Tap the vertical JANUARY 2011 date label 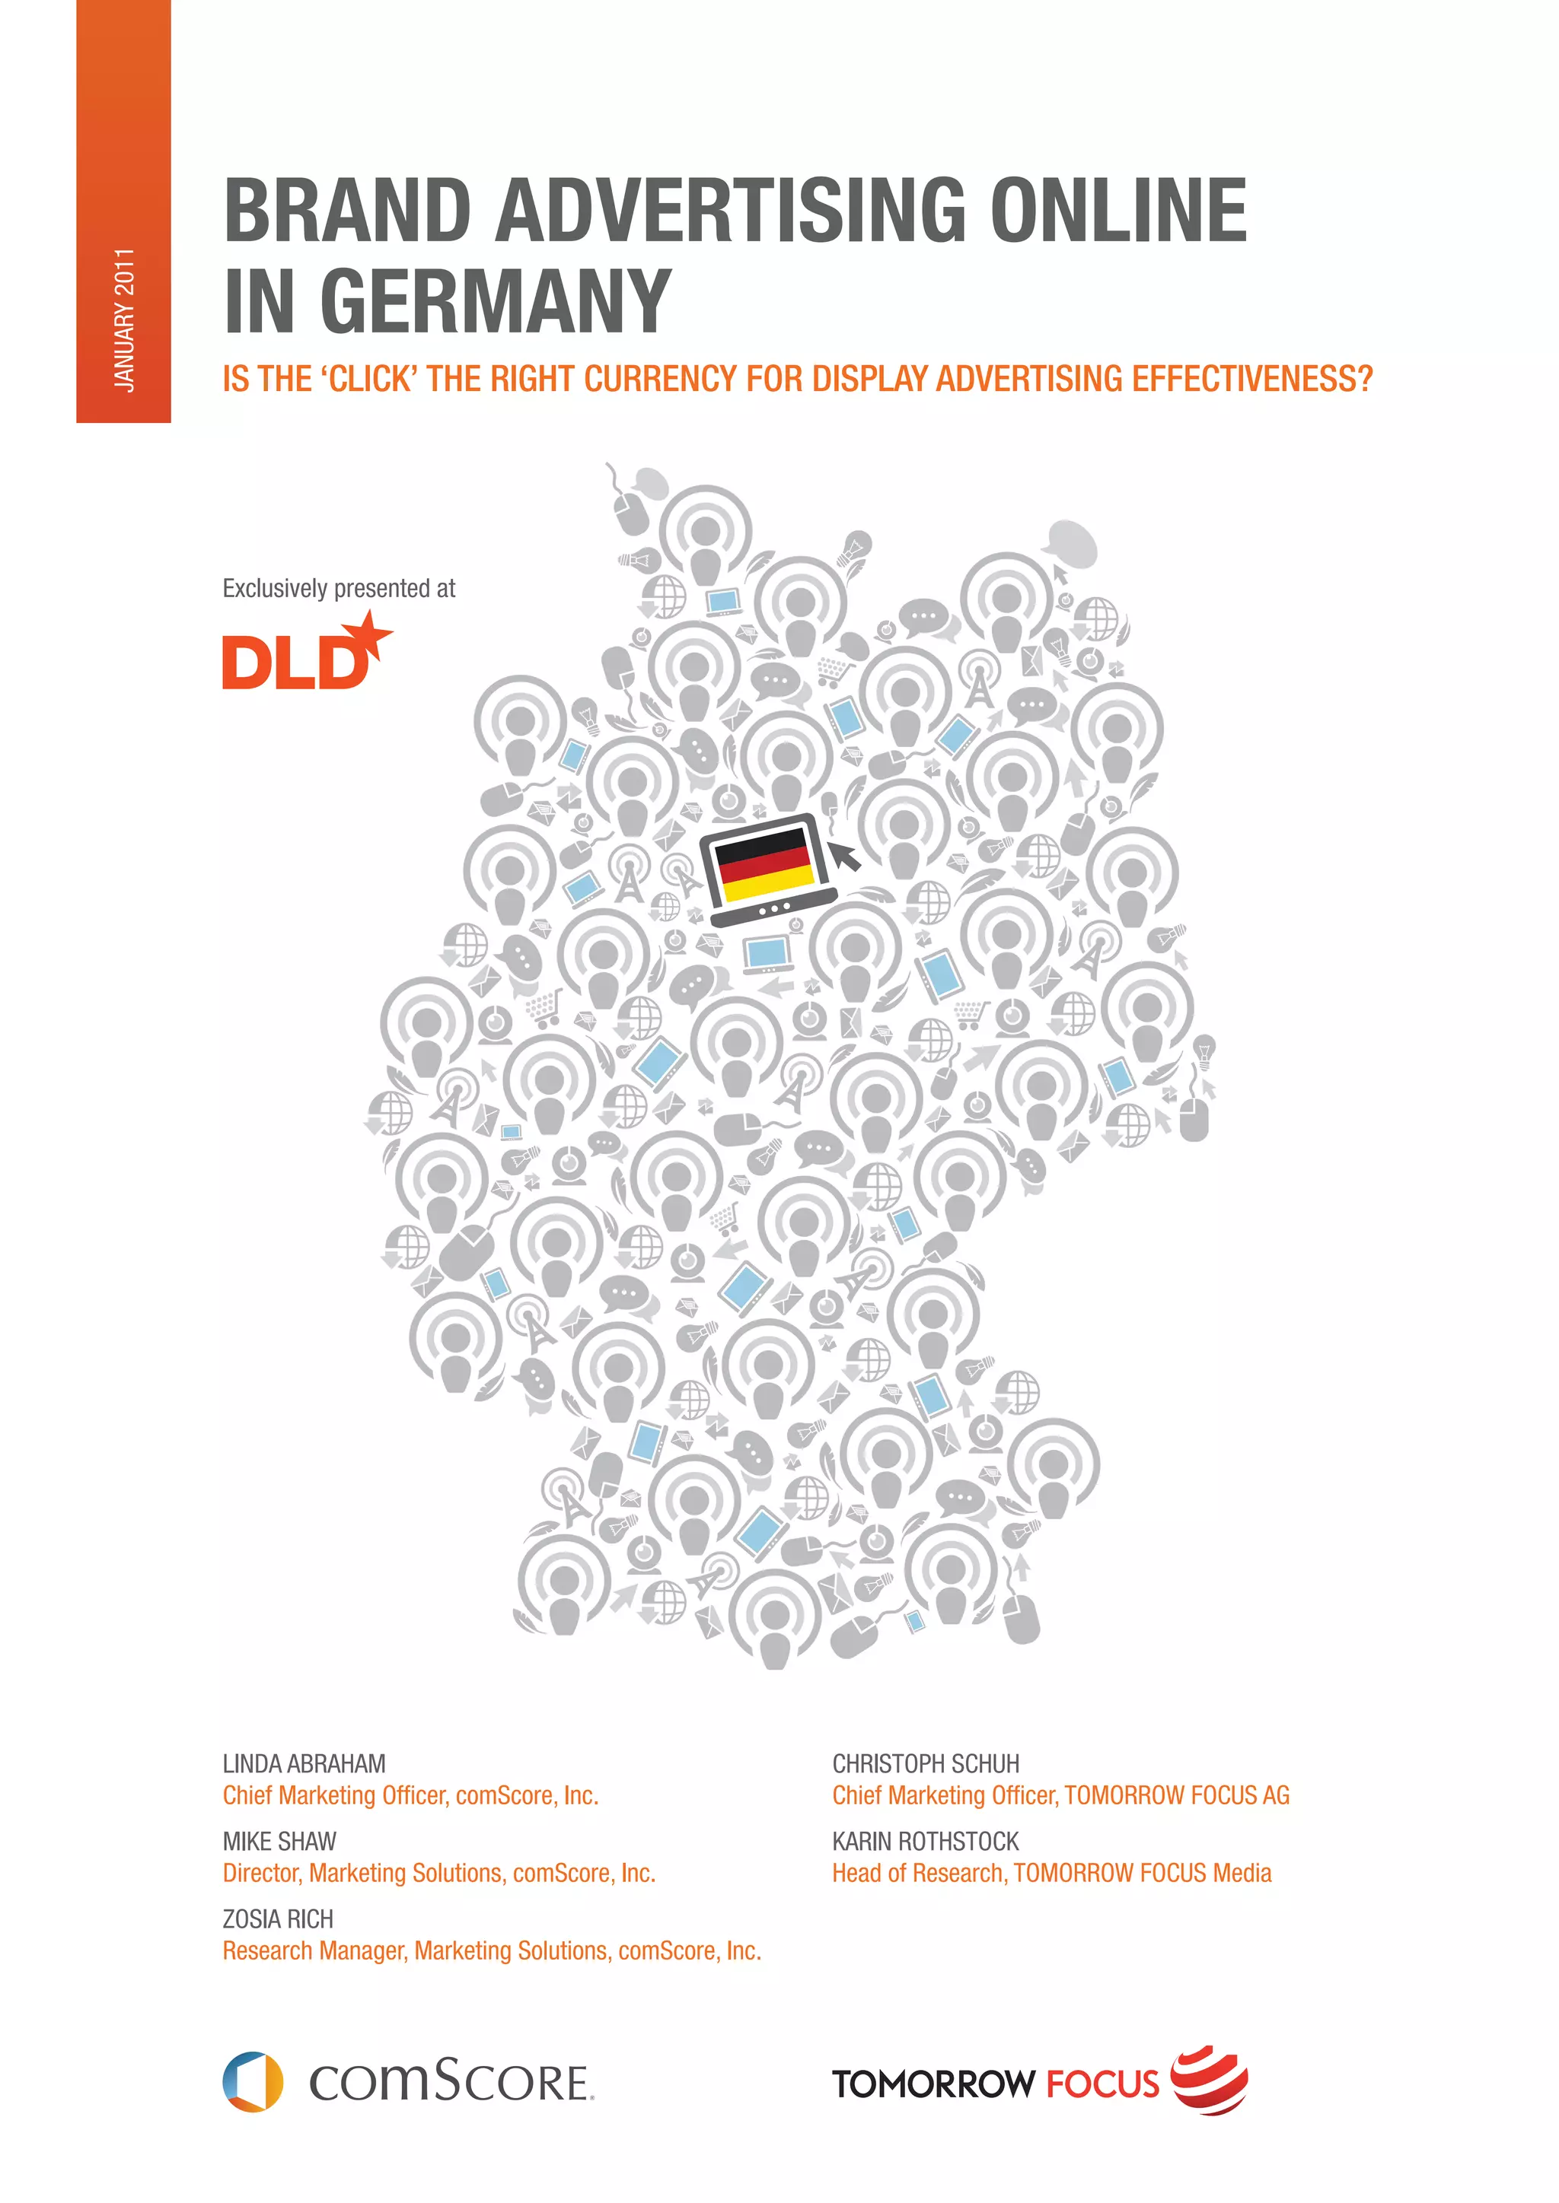coord(124,319)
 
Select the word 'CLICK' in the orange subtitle coord(371,379)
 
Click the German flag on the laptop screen coord(765,863)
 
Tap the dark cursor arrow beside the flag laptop coord(845,852)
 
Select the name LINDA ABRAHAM coord(304,1763)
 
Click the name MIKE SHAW coord(279,1841)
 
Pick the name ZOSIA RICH coord(277,1919)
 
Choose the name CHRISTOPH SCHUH coord(926,1763)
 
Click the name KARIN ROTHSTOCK coord(926,1841)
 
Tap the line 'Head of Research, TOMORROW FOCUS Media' coord(1051,1873)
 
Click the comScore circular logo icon coord(253,2081)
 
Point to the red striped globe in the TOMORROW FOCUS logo coord(1211,2079)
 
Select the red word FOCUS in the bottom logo coord(1102,2084)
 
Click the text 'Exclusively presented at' coord(339,588)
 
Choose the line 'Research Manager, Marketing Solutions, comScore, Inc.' coord(492,1950)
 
